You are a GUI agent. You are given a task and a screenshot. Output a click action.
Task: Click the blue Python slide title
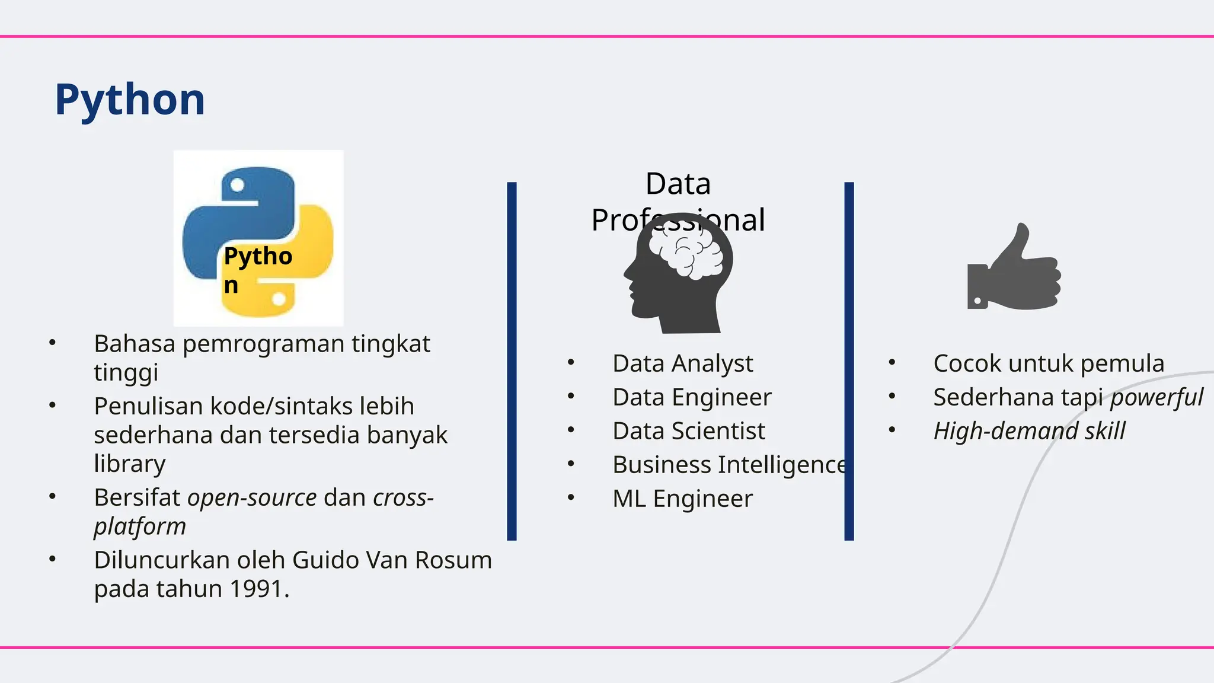click(x=130, y=100)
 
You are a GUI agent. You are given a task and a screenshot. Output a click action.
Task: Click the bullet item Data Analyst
click(x=682, y=363)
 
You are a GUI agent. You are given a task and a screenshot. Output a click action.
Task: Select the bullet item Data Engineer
click(x=692, y=397)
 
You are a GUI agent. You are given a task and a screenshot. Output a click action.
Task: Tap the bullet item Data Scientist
click(x=688, y=431)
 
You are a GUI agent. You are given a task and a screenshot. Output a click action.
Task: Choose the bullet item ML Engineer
click(x=682, y=499)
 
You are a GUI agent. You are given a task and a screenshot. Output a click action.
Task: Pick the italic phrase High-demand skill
click(x=1029, y=431)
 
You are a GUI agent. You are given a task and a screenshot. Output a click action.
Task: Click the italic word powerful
click(x=1157, y=397)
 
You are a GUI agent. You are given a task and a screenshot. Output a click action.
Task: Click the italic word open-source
click(x=252, y=497)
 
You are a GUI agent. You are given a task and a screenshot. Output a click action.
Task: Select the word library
click(x=129, y=464)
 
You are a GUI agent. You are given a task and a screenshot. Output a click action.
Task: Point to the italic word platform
click(x=140, y=526)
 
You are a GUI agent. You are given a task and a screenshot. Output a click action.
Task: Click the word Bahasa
click(x=135, y=344)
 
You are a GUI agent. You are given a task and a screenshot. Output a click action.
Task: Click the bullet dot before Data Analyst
click(x=571, y=362)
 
